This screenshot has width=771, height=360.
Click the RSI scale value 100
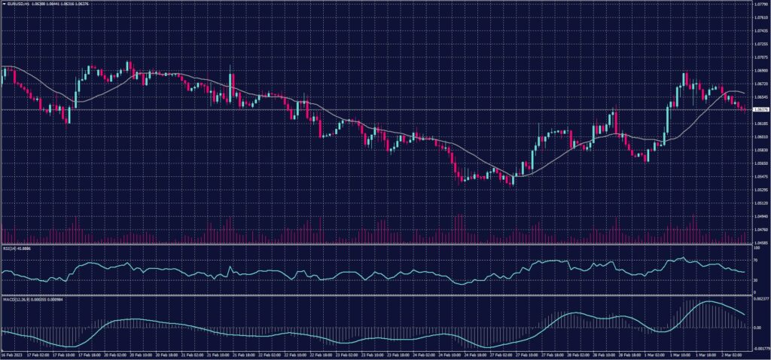[x=755, y=247]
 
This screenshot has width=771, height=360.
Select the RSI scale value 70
[x=754, y=261]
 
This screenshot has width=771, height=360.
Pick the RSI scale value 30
[x=754, y=280]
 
